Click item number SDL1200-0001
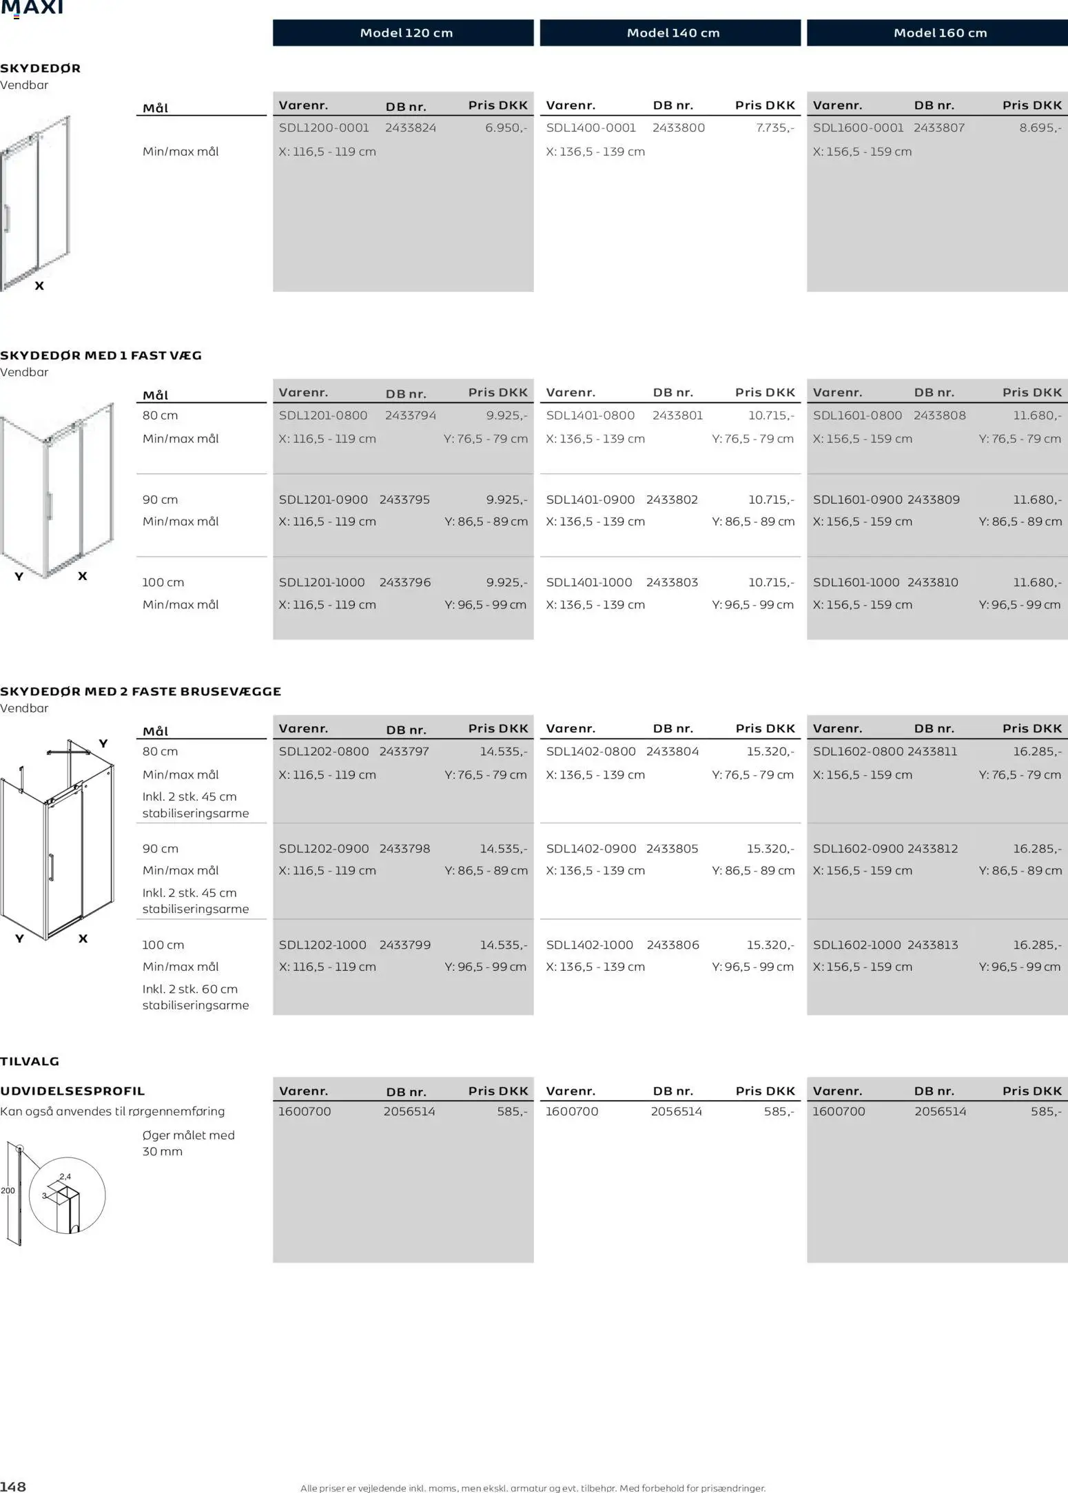324,127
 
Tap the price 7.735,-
774,127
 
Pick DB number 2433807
939,127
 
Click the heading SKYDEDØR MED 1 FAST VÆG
101,356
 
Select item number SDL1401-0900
590,500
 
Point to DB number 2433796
405,582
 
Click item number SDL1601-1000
856,582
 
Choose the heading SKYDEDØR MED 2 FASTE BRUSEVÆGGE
141,692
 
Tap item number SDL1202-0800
324,752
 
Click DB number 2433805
672,849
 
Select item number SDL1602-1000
856,945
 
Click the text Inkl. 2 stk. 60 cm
190,989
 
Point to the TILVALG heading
30,1062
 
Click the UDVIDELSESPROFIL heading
72,1091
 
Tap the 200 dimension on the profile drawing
8,1191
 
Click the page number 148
13,1487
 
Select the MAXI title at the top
32,8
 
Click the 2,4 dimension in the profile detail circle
65,1177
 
